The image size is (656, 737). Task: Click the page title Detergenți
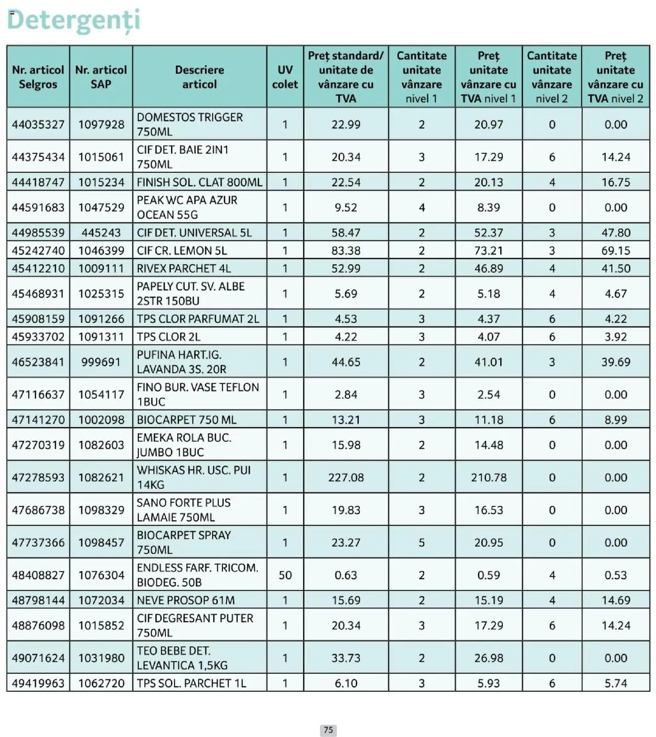pyautogui.click(x=73, y=21)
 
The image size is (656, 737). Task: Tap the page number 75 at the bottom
pyautogui.click(x=328, y=730)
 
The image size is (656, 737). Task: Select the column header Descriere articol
pyautogui.click(x=199, y=77)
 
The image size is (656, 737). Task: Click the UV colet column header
pyautogui.click(x=284, y=77)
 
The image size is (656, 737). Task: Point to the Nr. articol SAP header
pyautogui.click(x=101, y=77)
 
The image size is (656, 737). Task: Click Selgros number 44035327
pyautogui.click(x=38, y=125)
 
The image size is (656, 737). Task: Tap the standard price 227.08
pyautogui.click(x=346, y=478)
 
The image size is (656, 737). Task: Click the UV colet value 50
pyautogui.click(x=285, y=575)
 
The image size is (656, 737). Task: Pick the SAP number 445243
pyautogui.click(x=101, y=233)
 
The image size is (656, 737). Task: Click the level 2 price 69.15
pyautogui.click(x=616, y=251)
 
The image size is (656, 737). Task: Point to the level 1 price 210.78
pyautogui.click(x=488, y=478)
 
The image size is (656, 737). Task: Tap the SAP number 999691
pyautogui.click(x=101, y=362)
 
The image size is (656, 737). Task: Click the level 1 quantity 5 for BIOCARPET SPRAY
pyautogui.click(x=421, y=542)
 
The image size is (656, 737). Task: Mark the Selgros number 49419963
pyautogui.click(x=38, y=683)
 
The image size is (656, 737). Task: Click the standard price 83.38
pyautogui.click(x=346, y=251)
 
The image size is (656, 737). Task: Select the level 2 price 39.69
pyautogui.click(x=616, y=362)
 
